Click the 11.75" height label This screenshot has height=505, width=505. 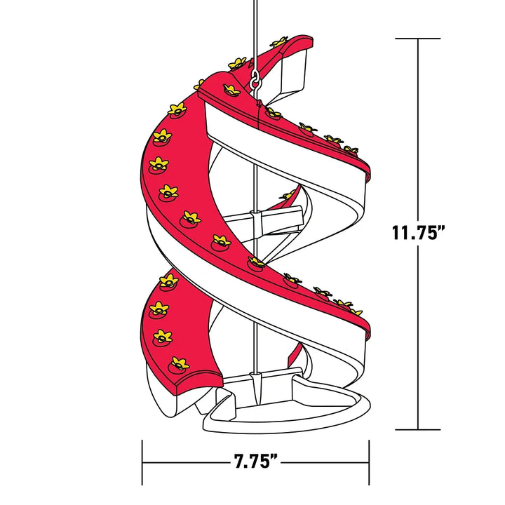pyautogui.click(x=418, y=233)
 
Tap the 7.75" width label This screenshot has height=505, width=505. pyautogui.click(x=255, y=462)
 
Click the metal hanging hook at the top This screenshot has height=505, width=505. pyautogui.click(x=255, y=79)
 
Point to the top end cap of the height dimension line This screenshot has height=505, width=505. pyautogui.click(x=419, y=39)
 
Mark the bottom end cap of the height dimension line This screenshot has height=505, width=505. pyautogui.click(x=419, y=429)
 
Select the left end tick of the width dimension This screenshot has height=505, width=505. pyautogui.click(x=143, y=462)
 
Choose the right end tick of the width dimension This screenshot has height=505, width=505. pyautogui.click(x=369, y=462)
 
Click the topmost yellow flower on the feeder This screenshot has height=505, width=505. pyautogui.click(x=279, y=43)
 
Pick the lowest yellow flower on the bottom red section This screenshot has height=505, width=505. pyautogui.click(x=178, y=363)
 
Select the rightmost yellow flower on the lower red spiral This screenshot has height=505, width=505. pyautogui.click(x=356, y=311)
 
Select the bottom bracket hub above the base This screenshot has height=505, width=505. pyautogui.click(x=257, y=382)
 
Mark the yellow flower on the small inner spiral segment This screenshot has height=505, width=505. pyautogui.click(x=288, y=196)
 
